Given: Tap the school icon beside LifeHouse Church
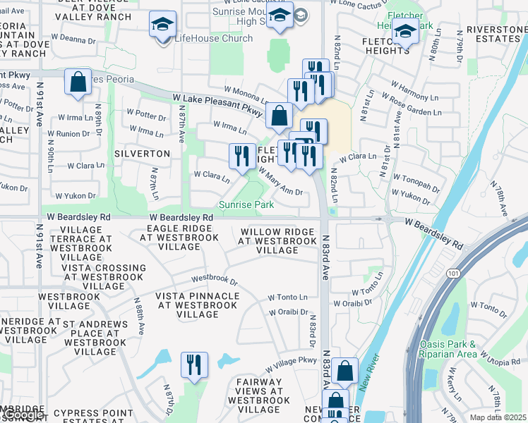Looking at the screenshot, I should (162, 26).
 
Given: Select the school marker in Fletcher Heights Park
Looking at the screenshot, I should (406, 32).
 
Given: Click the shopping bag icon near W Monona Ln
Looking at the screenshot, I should (280, 115).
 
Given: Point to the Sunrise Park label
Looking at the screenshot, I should (246, 204).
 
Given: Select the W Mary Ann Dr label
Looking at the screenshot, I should (280, 180).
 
